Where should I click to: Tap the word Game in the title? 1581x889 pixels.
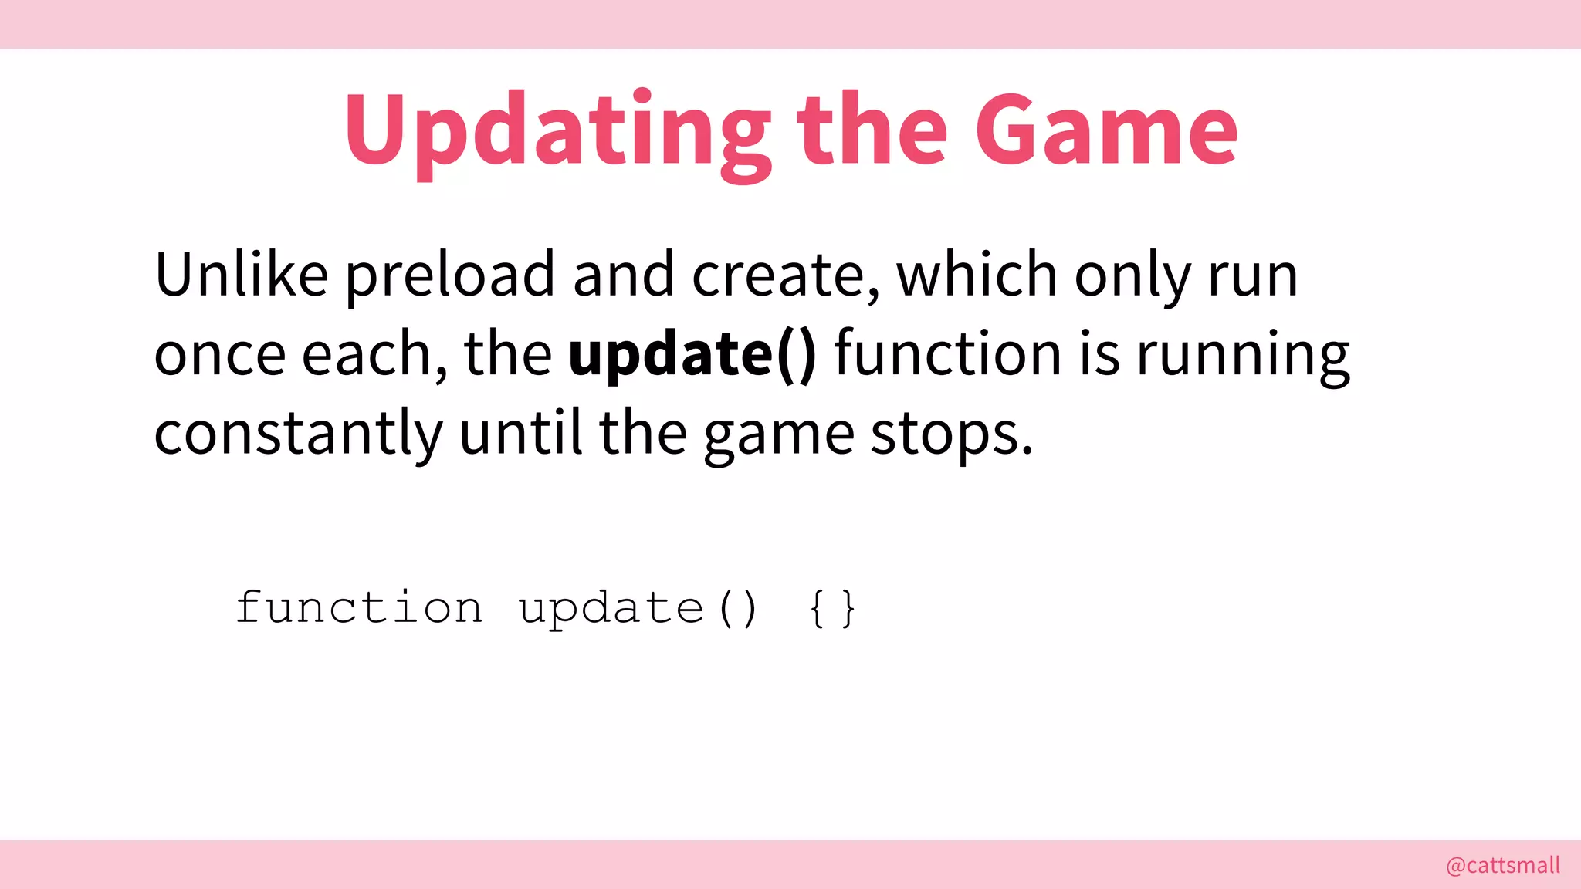[1106, 131]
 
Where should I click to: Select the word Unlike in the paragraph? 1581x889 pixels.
[241, 275]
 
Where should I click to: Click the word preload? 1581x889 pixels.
[449, 276]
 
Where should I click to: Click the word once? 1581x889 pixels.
[220, 355]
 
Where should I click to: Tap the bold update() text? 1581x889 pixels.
[692, 355]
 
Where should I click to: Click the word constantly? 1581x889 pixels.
[298, 434]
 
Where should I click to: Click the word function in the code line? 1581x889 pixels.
[359, 607]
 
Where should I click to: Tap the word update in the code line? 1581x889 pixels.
[611, 609]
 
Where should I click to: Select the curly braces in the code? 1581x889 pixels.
[832, 609]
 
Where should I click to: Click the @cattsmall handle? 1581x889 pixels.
[1502, 865]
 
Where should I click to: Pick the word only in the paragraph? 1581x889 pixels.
[1132, 276]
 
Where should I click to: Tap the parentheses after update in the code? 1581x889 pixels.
[737, 609]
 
